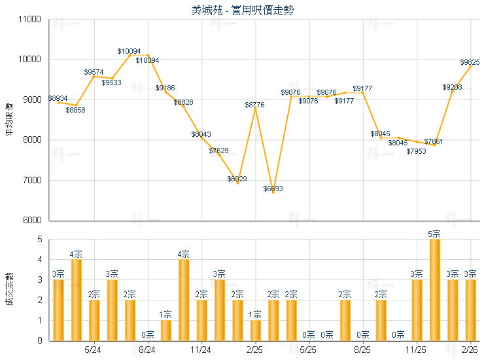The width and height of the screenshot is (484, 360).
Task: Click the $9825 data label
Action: pos(470,63)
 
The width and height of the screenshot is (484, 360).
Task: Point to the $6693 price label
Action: pos(273,189)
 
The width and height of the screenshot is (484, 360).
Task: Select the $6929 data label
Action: pos(237,179)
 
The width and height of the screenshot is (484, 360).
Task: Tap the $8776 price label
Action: pos(255,105)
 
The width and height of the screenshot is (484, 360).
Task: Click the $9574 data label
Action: pos(94,72)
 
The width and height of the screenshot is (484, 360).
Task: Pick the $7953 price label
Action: pos(416,151)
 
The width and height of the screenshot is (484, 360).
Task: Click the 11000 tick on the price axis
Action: pos(31,20)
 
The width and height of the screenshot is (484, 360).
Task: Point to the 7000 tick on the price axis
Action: pos(33,181)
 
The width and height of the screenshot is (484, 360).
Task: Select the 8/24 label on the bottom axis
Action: pos(148,351)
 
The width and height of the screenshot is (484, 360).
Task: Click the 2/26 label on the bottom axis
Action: pos(470,351)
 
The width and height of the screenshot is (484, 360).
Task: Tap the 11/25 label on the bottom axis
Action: pos(417,351)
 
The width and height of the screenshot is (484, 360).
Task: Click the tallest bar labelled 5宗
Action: pos(434,291)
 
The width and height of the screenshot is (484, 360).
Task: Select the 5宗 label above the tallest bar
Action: pos(434,234)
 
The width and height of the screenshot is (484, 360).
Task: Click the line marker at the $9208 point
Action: pos(453,92)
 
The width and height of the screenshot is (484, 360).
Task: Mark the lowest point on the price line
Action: pos(273,192)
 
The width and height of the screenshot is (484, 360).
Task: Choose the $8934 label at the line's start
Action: pos(58,98)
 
